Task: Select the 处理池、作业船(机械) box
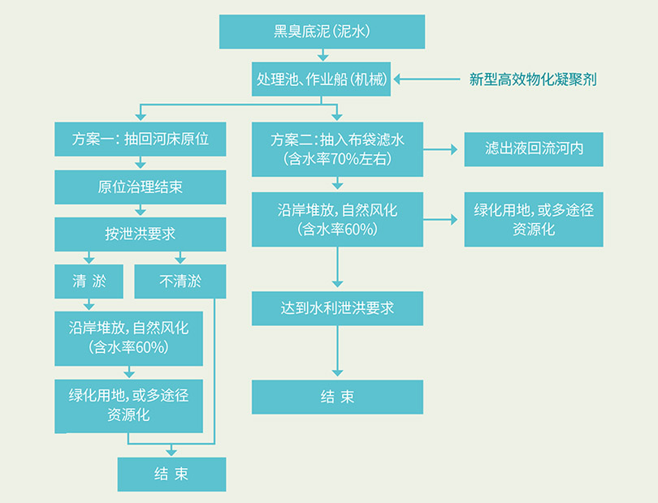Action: [323, 79]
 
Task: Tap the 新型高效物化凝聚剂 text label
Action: [537, 80]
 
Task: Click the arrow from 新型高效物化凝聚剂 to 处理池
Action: [427, 79]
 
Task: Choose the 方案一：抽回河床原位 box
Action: [141, 139]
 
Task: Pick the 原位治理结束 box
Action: [141, 187]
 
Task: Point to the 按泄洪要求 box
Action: [141, 234]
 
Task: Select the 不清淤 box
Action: [180, 282]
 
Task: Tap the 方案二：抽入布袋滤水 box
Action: [337, 148]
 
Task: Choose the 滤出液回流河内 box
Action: [534, 149]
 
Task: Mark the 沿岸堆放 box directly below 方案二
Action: [337, 219]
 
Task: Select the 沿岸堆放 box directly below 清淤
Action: [129, 337]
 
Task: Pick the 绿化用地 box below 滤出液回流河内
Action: [534, 219]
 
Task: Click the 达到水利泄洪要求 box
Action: [337, 308]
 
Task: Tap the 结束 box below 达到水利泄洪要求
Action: [337, 397]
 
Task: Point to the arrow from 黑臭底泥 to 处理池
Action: [323, 55]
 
